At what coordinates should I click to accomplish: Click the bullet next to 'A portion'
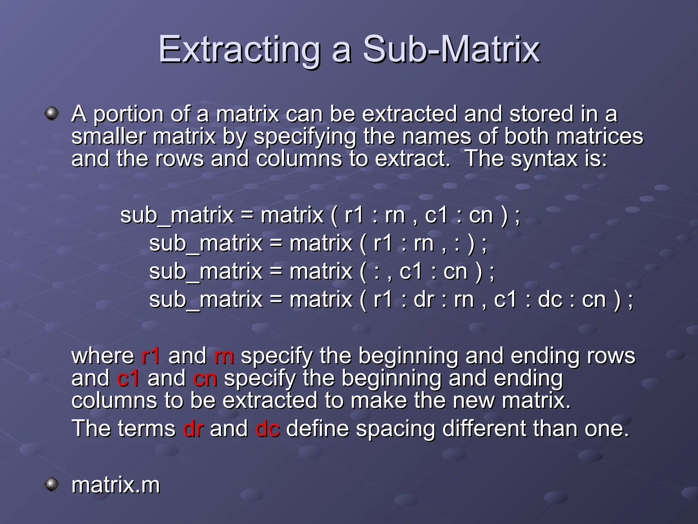tap(52, 113)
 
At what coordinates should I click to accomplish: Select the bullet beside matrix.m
tap(52, 484)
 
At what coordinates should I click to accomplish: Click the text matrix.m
tap(116, 485)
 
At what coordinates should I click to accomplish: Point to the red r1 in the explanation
tap(150, 356)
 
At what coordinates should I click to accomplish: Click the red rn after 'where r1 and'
tap(224, 356)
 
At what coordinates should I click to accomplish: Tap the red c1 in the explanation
tap(128, 379)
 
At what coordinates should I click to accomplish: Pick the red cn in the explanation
tap(205, 379)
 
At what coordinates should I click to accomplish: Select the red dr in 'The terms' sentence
tap(193, 428)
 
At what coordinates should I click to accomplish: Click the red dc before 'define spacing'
tap(267, 428)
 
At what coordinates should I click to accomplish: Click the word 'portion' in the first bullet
tap(128, 115)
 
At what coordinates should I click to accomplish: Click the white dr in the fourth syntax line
tap(424, 300)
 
